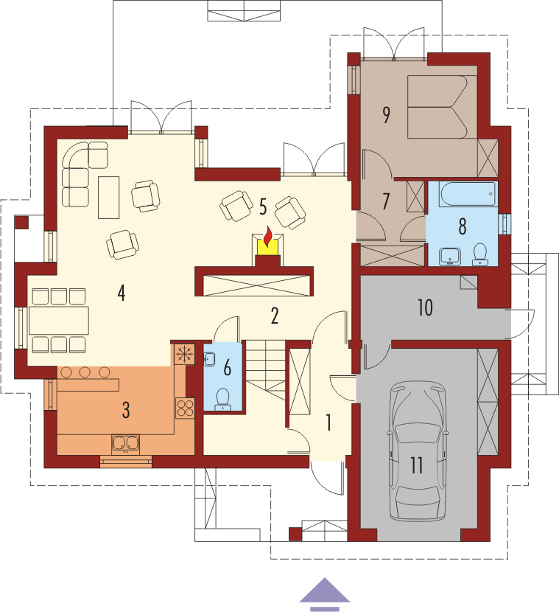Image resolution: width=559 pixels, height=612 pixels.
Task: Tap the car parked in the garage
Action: pyautogui.click(x=418, y=451)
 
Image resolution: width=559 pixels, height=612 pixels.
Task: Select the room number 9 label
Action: pyautogui.click(x=386, y=115)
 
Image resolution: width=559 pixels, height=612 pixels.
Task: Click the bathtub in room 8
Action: pyautogui.click(x=468, y=194)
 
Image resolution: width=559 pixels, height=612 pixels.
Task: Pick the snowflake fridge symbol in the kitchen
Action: pyautogui.click(x=184, y=354)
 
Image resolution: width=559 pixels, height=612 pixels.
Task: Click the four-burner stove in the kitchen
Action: pyautogui.click(x=185, y=408)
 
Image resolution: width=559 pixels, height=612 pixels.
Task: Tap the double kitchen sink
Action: pyautogui.click(x=125, y=444)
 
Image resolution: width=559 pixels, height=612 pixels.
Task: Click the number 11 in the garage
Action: pyautogui.click(x=416, y=465)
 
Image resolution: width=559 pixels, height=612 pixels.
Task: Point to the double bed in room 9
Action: pyautogui.click(x=437, y=107)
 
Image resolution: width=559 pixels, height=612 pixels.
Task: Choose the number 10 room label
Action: pyautogui.click(x=425, y=307)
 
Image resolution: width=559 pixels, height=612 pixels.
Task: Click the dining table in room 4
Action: pyautogui.click(x=59, y=321)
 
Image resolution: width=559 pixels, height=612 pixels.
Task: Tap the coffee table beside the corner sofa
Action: pyautogui.click(x=109, y=197)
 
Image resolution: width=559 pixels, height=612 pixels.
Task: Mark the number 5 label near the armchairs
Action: pyautogui.click(x=263, y=207)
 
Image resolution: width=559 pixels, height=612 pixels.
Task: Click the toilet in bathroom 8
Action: pyautogui.click(x=480, y=254)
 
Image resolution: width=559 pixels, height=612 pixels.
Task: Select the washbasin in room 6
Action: pyautogui.click(x=209, y=359)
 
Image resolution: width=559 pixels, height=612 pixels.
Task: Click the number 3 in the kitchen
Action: pyautogui.click(x=125, y=410)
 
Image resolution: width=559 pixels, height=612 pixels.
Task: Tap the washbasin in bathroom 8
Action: pyautogui.click(x=450, y=257)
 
